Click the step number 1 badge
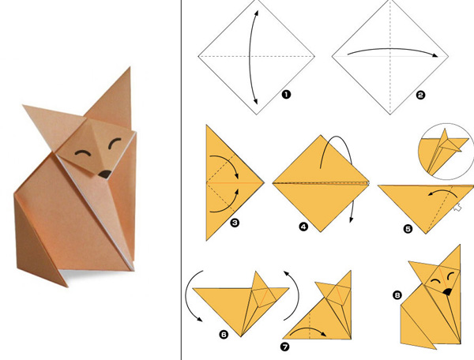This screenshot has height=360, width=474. [x=286, y=95]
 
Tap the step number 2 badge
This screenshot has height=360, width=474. [x=420, y=96]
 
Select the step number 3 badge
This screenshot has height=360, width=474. [x=235, y=223]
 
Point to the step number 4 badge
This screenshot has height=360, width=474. [x=303, y=227]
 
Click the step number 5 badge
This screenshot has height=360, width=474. [x=408, y=229]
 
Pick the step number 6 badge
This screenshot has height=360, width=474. [x=224, y=334]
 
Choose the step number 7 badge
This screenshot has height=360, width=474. [x=284, y=347]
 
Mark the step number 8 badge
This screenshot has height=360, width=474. [x=397, y=294]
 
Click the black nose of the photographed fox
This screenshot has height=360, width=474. [x=105, y=174]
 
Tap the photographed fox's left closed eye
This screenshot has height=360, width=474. [x=83, y=152]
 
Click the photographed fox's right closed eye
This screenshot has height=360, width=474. [x=115, y=143]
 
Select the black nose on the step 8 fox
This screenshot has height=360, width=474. [x=447, y=291]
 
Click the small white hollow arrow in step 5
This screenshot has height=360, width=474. [x=457, y=208]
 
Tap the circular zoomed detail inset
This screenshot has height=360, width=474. [x=446, y=152]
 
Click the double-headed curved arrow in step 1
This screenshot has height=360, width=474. [x=250, y=58]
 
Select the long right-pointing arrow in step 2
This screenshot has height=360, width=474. [x=392, y=49]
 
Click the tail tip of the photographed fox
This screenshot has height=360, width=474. [x=66, y=285]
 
